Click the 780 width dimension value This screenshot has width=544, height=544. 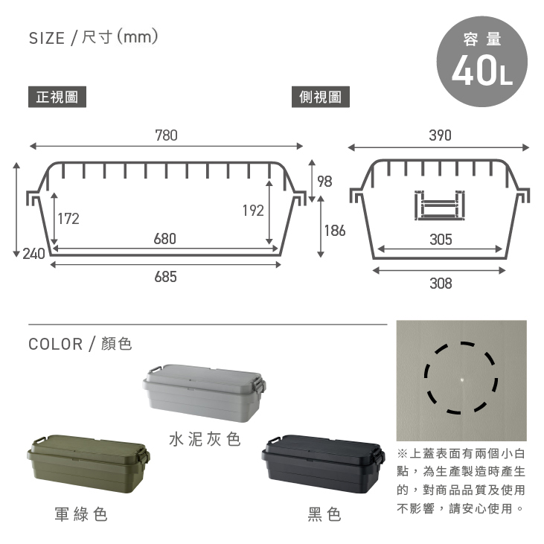[166, 135]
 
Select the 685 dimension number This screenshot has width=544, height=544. [165, 277]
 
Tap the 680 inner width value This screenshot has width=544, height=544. [164, 239]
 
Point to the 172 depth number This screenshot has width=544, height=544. [68, 219]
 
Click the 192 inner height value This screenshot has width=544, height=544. [253, 211]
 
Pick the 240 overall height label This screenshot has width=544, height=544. [34, 254]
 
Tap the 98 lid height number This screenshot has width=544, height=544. [324, 182]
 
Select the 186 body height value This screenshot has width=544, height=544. [335, 231]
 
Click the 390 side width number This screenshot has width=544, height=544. [441, 135]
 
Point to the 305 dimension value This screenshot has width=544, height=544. [441, 240]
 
